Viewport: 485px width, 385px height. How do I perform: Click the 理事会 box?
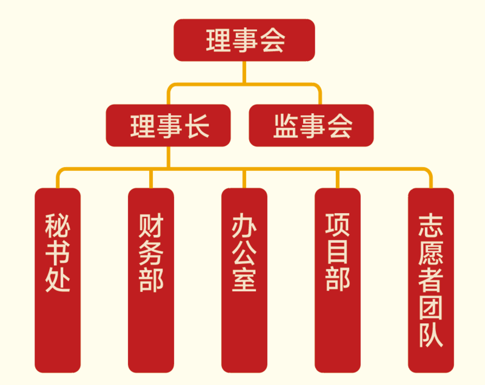pyautogui.click(x=244, y=40)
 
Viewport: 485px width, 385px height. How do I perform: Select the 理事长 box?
pyautogui.click(x=168, y=125)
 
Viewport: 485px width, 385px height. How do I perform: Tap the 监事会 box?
pyautogui.click(x=311, y=125)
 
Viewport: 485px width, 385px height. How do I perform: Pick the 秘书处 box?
pyautogui.click(x=58, y=280)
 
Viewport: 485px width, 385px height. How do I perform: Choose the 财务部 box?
pyautogui.click(x=151, y=280)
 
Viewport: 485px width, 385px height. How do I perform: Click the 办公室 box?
pyautogui.click(x=244, y=280)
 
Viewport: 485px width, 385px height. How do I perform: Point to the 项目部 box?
pyautogui.click(x=338, y=280)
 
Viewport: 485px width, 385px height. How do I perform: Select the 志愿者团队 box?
pyautogui.click(x=431, y=280)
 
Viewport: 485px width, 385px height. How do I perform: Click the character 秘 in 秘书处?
pyautogui.click(x=58, y=226)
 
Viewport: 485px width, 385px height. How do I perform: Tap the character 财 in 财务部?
pyautogui.click(x=151, y=226)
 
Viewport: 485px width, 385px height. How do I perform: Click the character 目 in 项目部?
pyautogui.click(x=338, y=252)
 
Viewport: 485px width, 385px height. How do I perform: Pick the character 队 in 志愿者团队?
pyautogui.click(x=431, y=335)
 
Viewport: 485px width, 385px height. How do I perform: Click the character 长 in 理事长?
pyautogui.click(x=197, y=126)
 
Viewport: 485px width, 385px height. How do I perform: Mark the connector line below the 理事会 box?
pyautogui.click(x=244, y=72)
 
